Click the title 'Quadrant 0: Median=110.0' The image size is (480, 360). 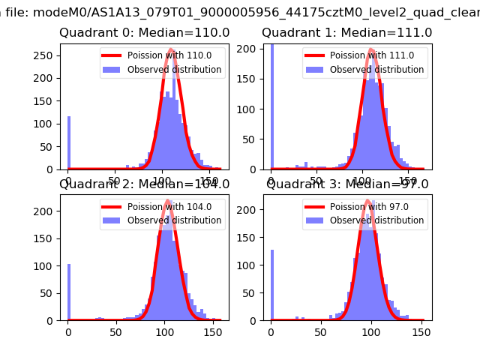(x=145, y=33)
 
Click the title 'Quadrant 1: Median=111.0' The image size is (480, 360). (x=347, y=33)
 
